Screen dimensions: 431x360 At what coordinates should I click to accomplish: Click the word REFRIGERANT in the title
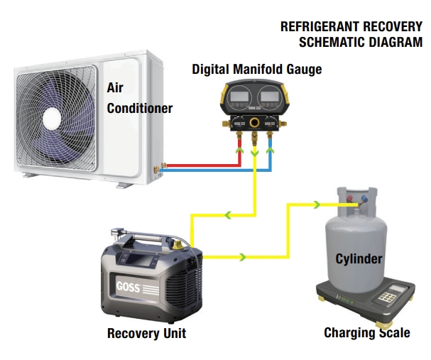320,27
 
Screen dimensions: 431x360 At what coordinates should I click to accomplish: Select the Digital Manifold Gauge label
257,70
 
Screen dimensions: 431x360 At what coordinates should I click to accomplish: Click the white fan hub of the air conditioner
52,119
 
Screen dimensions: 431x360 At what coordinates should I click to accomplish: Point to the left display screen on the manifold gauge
239,96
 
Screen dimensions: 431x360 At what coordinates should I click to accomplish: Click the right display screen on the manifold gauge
270,96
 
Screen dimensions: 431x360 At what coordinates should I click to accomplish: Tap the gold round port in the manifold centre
254,122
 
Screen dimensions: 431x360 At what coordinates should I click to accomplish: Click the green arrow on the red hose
240,150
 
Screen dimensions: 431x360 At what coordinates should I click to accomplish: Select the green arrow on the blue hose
270,150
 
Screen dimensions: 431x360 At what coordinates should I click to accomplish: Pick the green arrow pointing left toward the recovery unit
228,215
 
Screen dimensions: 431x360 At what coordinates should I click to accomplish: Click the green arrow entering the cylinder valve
317,204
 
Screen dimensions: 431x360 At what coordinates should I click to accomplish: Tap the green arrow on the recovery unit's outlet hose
242,257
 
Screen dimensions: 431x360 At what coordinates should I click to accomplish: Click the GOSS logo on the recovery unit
128,287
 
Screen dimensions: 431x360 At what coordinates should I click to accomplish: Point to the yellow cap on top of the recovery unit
178,244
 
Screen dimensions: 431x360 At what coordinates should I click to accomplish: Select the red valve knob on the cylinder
350,198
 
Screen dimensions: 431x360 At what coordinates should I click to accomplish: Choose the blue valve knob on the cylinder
365,198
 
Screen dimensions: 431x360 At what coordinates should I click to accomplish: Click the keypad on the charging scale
387,298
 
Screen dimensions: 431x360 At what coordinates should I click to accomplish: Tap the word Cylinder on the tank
359,259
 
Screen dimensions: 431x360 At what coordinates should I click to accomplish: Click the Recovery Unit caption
146,333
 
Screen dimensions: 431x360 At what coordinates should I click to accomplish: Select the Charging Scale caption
367,332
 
